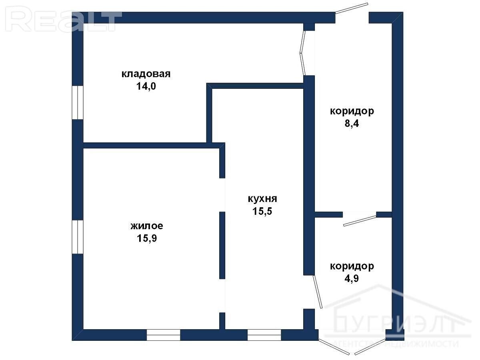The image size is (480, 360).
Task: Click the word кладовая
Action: (146, 74)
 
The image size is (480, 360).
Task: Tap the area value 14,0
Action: (146, 86)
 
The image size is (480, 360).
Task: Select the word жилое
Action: (147, 226)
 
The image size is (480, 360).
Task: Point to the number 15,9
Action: (147, 238)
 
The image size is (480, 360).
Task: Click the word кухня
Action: (262, 199)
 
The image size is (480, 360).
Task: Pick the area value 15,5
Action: (262, 211)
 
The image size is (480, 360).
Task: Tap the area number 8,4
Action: (352, 124)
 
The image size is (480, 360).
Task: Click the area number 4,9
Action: (352, 278)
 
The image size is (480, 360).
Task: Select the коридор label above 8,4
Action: (352, 112)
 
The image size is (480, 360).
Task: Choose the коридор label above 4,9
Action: (352, 266)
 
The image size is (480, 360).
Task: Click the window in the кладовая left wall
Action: (78, 102)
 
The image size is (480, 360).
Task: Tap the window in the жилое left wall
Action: (78, 237)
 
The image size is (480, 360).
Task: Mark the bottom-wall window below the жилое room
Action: (163, 335)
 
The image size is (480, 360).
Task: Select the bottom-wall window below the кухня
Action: (264, 335)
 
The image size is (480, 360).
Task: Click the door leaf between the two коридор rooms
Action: (360, 221)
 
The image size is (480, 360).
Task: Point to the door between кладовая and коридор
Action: (303, 53)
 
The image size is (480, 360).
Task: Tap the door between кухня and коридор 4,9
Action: (318, 292)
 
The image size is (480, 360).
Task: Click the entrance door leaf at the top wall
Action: (352, 8)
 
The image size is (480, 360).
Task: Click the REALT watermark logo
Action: (64, 19)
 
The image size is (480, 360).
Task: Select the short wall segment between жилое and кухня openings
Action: (222, 245)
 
